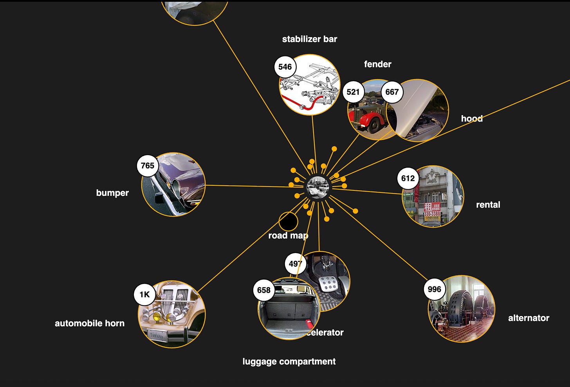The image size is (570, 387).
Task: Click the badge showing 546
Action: (285, 67)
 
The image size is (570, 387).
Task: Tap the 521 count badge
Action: (353, 92)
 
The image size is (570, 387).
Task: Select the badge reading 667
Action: (392, 92)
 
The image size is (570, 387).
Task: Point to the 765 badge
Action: (147, 166)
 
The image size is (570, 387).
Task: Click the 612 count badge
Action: (408, 179)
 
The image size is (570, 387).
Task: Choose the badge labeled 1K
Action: (144, 294)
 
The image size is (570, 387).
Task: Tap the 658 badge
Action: (264, 290)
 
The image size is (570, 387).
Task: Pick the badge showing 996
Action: (434, 289)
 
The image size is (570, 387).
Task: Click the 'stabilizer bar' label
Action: (309, 39)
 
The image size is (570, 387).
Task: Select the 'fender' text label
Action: (377, 64)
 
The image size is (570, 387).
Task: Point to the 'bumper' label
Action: (112, 193)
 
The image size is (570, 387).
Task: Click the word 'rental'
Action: (488, 204)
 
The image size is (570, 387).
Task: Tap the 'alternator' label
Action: (529, 318)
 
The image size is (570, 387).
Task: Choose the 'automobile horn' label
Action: (90, 324)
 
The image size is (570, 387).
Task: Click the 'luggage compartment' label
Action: (289, 362)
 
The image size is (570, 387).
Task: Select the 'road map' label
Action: (288, 236)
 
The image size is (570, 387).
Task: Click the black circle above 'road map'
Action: (288, 221)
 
